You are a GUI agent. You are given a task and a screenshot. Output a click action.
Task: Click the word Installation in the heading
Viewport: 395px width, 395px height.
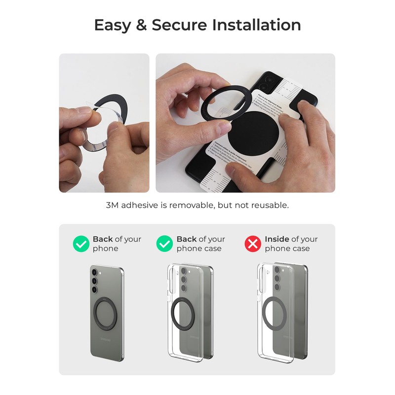pyautogui.click(x=256, y=25)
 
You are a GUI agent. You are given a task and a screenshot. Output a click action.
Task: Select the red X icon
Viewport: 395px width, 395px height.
pyautogui.click(x=253, y=243)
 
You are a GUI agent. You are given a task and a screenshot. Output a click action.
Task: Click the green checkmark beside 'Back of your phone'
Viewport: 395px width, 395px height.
pyautogui.click(x=81, y=243)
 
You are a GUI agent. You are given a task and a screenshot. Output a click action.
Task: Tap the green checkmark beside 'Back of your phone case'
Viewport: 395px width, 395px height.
pyautogui.click(x=164, y=243)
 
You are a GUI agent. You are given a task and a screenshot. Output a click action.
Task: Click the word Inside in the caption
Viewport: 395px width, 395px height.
pyautogui.click(x=277, y=239)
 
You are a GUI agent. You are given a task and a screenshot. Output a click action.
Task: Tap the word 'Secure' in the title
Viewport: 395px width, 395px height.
pyautogui.click(x=180, y=25)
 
